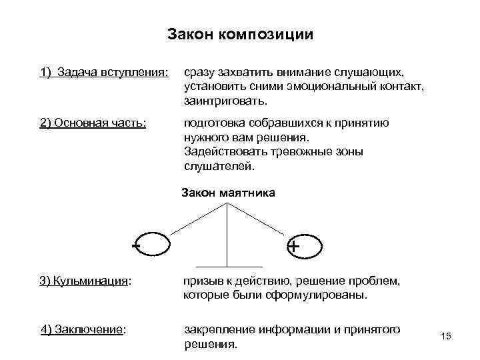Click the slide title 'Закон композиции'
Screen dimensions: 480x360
pyautogui.click(x=239, y=34)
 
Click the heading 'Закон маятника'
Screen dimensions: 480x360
pyautogui.click(x=228, y=193)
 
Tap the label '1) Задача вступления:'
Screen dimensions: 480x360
pyautogui.click(x=104, y=72)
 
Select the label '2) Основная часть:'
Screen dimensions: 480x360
pyautogui.click(x=93, y=123)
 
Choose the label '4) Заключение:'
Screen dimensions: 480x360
pyautogui.click(x=84, y=329)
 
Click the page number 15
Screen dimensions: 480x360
pyautogui.click(x=446, y=336)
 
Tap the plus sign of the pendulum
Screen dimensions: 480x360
pyautogui.click(x=293, y=247)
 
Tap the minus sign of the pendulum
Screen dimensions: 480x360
pyautogui.click(x=136, y=245)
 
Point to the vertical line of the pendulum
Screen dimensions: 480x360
pyautogui.click(x=228, y=233)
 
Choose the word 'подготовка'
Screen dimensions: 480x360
pyautogui.click(x=213, y=123)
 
